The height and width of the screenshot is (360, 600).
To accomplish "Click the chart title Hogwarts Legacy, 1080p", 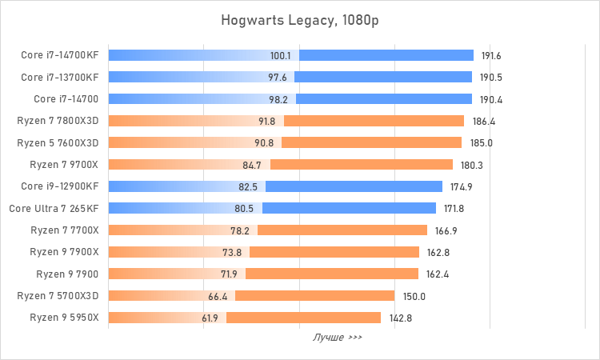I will click(300, 19).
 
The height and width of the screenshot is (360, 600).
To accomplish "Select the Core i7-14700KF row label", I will click(59, 56).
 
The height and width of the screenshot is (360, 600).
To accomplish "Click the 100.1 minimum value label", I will click(281, 56).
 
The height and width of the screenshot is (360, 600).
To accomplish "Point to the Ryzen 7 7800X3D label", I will click(58, 121).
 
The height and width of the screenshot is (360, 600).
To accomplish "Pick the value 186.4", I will click(484, 121).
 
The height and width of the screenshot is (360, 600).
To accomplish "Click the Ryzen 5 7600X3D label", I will click(58, 142).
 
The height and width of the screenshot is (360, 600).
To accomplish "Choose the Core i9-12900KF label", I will click(59, 186).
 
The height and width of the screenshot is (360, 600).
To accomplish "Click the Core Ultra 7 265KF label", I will click(54, 208).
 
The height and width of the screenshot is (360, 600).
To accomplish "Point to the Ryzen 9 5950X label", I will click(64, 317).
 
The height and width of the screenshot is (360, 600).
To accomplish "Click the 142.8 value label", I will click(401, 317).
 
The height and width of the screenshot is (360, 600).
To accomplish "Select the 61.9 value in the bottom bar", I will click(210, 317).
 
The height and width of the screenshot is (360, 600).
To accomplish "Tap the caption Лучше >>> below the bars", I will click(337, 338).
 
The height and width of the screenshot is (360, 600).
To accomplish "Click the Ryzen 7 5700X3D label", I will click(58, 295).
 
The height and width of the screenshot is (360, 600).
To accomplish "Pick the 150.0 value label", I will click(414, 295).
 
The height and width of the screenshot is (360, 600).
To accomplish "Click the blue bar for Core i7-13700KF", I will click(384, 78).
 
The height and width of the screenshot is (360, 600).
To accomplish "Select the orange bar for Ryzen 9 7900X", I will click(336, 251).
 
